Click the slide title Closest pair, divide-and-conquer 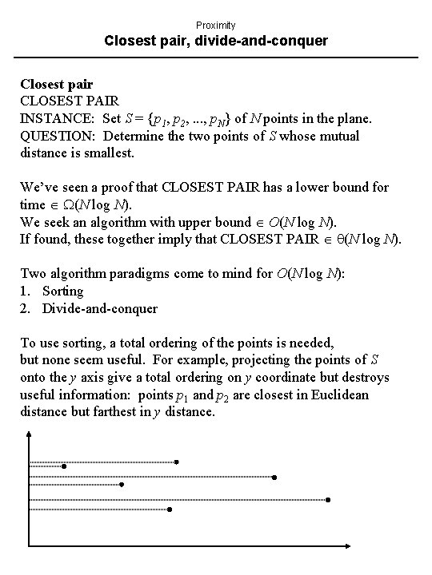click(216, 40)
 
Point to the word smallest click(111, 152)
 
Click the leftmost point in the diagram click(64, 466)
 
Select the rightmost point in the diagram click(328, 500)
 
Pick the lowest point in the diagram click(170, 509)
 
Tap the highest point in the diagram click(177, 462)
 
